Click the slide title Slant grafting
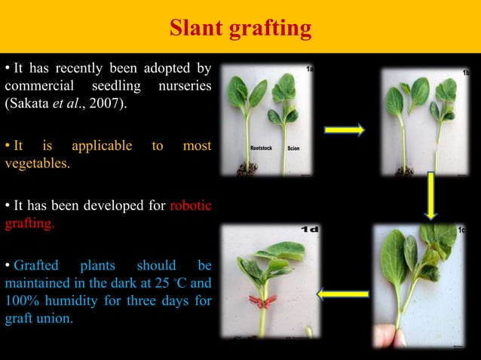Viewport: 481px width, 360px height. (240, 29)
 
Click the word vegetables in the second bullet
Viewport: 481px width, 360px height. (37, 162)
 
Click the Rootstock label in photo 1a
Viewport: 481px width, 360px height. (262, 149)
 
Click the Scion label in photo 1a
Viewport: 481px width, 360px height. (294, 149)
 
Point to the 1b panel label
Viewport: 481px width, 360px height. (467, 72)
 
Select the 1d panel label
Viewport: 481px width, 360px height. (310, 228)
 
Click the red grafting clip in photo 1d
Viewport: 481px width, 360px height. (264, 304)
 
